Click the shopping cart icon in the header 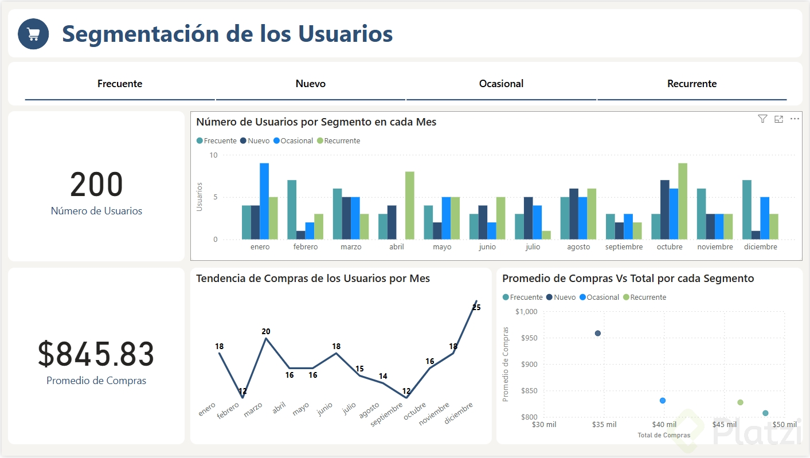33,34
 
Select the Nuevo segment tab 311,84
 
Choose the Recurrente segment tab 692,84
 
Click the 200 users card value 96,185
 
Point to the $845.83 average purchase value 96,354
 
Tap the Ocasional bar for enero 264,201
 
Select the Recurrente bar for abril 410,205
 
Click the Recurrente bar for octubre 683,201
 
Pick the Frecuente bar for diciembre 747,210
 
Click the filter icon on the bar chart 762,119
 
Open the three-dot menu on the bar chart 795,119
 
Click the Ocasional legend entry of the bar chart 293,141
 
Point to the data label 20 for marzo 266,331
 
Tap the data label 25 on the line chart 476,307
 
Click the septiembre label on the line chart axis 386,413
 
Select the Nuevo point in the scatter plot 598,333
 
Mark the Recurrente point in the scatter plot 740,402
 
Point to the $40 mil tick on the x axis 664,425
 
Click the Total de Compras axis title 664,435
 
